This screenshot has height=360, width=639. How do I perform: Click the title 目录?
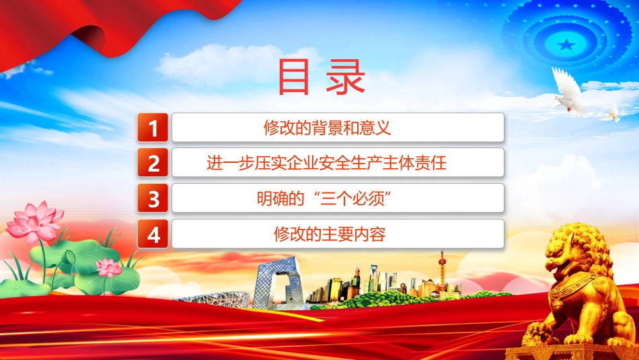pos(321,77)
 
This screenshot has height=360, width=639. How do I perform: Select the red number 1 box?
pos(153,128)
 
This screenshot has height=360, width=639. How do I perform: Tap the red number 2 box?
pos(153,163)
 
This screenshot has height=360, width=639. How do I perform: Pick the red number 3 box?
pos(153,198)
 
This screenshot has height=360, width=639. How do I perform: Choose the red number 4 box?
pos(153,234)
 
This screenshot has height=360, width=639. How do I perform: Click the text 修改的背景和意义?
pos(327,128)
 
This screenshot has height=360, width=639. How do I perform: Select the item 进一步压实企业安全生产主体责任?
pos(326,163)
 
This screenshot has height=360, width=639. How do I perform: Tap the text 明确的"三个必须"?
pos(324,199)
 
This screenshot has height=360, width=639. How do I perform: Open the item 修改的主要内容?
pos(330,234)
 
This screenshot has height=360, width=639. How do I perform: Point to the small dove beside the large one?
pos(611,114)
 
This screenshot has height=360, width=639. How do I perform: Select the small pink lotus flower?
pos(108,268)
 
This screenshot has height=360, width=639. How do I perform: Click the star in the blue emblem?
pos(566,44)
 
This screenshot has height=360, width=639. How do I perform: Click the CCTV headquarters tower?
pos(277,283)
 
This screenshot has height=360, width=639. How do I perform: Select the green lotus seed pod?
pos(70,257)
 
